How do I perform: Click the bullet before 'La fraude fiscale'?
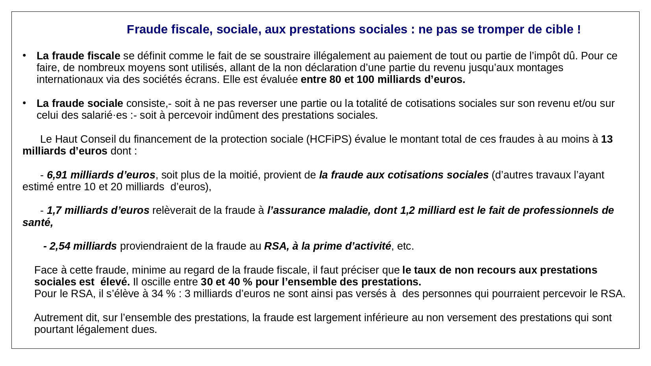pyautogui.click(x=24, y=55)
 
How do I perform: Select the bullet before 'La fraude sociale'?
pyautogui.click(x=24, y=103)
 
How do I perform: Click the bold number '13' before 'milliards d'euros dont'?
pyautogui.click(x=607, y=139)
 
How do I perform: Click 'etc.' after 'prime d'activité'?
pyautogui.click(x=405, y=246)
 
